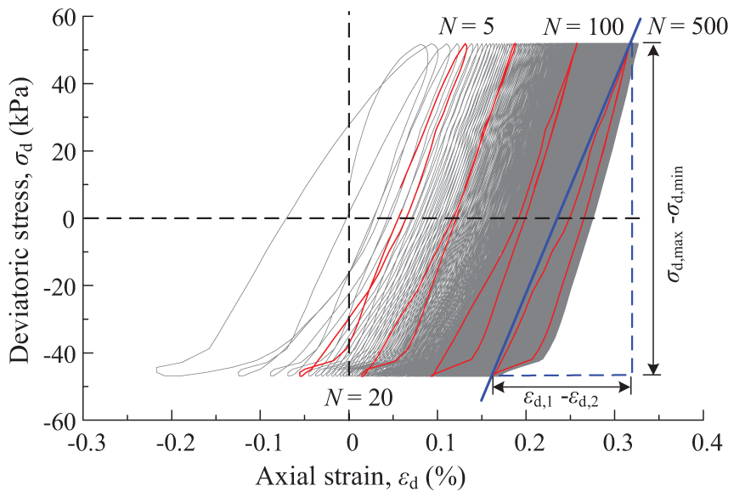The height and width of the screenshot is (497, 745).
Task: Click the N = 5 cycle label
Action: point(463,26)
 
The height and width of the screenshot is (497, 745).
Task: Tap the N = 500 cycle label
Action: point(689,26)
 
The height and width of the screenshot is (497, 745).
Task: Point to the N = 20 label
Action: point(358,397)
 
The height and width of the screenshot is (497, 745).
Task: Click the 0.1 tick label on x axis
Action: point(439,443)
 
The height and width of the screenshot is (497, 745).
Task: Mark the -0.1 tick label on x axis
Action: point(261,443)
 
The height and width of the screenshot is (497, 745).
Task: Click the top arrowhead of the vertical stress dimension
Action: point(652,49)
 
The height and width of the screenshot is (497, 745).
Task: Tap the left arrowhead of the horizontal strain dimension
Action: point(497,387)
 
